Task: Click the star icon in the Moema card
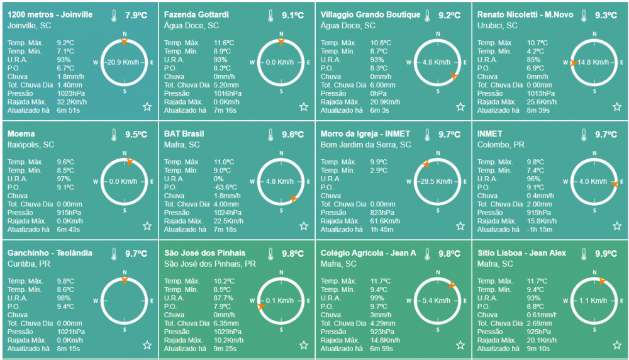[147, 226]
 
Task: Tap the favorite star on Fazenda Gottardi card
[304, 107]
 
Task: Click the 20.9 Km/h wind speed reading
[124, 62]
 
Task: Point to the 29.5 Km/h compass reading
[437, 181]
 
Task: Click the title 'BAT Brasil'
[184, 133]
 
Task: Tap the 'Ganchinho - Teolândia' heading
[49, 253]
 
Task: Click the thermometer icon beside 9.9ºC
[584, 254]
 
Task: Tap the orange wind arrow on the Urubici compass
[574, 62]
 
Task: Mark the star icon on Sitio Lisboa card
[617, 345]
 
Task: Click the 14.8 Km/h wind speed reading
[594, 62]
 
